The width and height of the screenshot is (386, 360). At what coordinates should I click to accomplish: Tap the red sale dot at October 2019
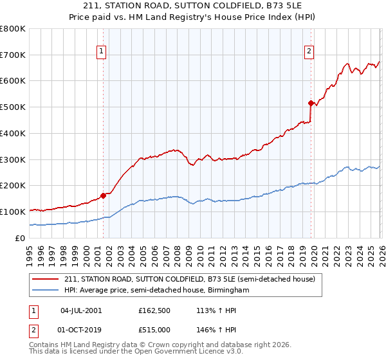pos(311,103)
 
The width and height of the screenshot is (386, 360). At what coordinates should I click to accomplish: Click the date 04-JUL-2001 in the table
pos(81,310)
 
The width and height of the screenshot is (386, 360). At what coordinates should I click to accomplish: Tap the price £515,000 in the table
pos(154,330)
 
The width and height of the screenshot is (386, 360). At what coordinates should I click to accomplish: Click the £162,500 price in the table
pos(154,310)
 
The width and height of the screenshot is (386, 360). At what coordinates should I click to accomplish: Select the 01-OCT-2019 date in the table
pos(81,330)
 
